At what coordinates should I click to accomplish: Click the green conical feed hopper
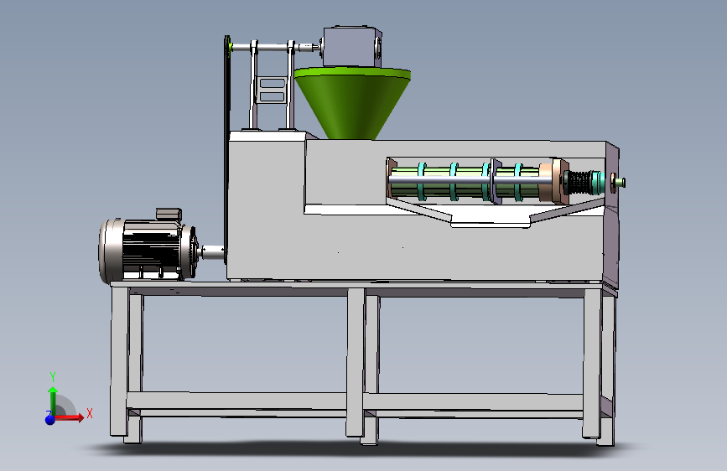[x=352, y=102]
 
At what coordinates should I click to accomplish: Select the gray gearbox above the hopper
[x=352, y=46]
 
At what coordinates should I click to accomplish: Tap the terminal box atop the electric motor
[x=169, y=215]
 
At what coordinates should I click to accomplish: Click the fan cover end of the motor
[x=111, y=251]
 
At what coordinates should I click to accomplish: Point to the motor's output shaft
[x=212, y=252]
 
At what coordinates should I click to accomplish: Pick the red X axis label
[x=90, y=413]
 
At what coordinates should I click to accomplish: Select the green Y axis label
[x=53, y=376]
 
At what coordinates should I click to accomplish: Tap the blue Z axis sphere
[x=50, y=420]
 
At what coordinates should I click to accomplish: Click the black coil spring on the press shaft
[x=578, y=183]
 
